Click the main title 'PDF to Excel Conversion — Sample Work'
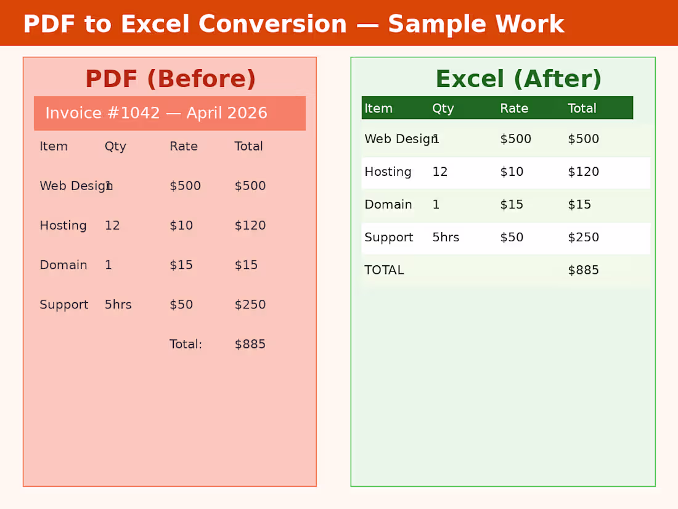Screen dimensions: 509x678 tap(293, 25)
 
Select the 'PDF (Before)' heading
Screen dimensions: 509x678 tap(170, 80)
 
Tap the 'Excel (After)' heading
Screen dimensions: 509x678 tap(518, 80)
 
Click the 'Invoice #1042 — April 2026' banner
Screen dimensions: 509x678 tap(157, 114)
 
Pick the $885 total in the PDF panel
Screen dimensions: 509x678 tap(250, 344)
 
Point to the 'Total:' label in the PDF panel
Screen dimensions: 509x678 tap(186, 344)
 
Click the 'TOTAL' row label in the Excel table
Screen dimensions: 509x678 tap(384, 270)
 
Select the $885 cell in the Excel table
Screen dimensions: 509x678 tap(583, 270)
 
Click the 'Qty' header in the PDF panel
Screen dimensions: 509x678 tap(115, 146)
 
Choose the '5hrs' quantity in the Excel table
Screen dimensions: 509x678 tap(446, 238)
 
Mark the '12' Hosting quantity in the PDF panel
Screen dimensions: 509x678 tap(112, 226)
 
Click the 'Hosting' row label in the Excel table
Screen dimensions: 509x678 tap(388, 172)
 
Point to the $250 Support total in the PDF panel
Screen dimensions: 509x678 tap(250, 305)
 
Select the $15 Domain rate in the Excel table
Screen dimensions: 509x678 tap(512, 205)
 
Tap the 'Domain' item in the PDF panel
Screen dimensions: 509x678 tap(63, 265)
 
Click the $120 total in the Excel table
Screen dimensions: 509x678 tap(583, 172)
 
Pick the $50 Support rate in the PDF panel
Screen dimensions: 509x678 tap(181, 305)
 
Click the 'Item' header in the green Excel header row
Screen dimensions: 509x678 tap(378, 109)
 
